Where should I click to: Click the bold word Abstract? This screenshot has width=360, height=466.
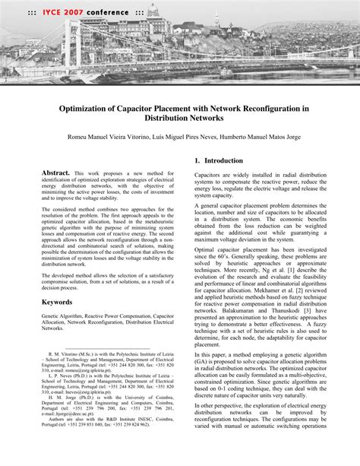(55, 173)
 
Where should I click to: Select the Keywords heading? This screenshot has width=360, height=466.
(57, 302)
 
